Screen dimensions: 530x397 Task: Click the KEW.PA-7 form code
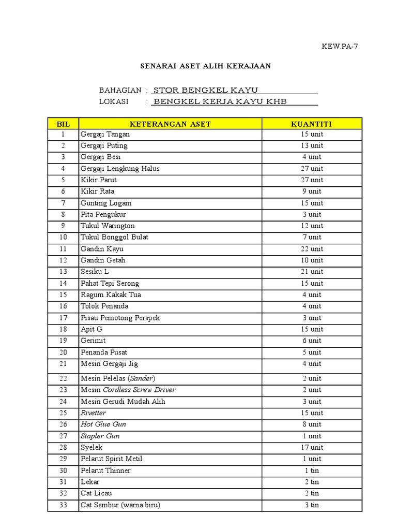coord(340,46)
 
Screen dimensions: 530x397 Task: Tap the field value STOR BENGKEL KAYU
coord(203,90)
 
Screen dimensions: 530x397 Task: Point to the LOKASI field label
coord(114,101)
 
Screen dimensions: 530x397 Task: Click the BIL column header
coord(63,124)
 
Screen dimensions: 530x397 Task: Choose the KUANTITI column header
coord(312,124)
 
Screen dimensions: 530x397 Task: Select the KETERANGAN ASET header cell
coord(170,124)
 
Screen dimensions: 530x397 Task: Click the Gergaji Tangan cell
coord(105,135)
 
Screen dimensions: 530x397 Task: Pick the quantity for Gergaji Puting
coord(312,146)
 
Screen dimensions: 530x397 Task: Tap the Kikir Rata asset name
coord(98,192)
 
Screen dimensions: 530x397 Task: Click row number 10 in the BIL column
coord(63,237)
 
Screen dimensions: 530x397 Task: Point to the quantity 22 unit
coord(312,249)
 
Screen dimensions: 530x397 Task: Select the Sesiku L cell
coord(95,272)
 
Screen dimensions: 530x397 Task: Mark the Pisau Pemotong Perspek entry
coord(120,318)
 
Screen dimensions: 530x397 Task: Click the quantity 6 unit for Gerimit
coord(312,341)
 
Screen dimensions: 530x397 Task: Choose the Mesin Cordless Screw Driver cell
coord(128,390)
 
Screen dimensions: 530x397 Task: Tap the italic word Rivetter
coord(94,413)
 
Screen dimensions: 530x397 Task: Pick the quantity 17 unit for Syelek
coord(312,447)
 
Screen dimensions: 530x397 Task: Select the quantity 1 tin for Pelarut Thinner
coord(312,470)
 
